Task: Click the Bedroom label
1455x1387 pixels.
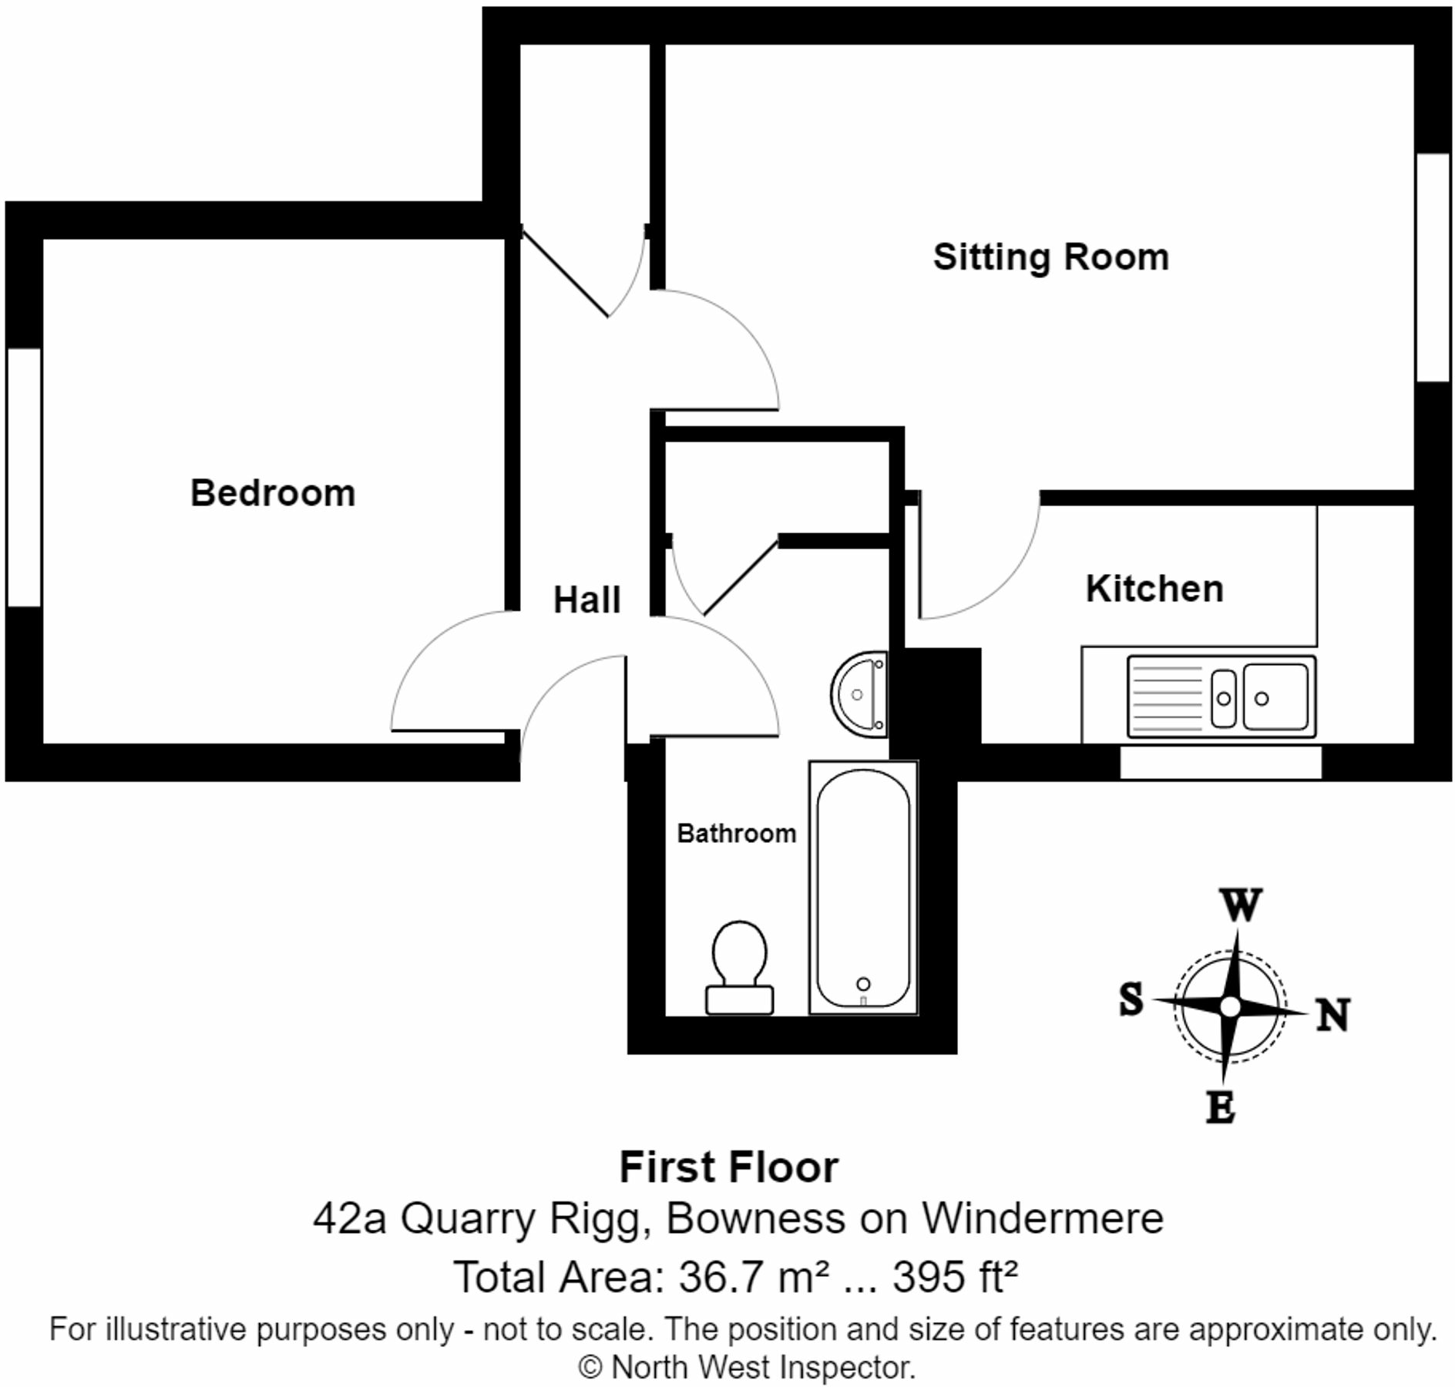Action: tap(273, 493)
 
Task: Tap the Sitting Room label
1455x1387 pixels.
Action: tap(1050, 257)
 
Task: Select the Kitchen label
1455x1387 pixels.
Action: tap(1154, 589)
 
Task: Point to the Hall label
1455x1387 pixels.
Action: tap(586, 599)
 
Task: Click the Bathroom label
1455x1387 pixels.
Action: tap(736, 833)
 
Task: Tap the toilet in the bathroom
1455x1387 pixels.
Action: tap(740, 967)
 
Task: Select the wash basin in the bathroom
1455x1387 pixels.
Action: tap(859, 695)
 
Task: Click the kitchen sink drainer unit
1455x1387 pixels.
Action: tap(1221, 697)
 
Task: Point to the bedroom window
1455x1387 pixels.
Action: tap(23, 477)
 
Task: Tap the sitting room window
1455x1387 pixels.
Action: tap(1432, 267)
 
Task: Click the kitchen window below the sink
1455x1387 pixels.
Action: tap(1220, 762)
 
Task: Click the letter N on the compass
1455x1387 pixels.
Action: tap(1332, 1015)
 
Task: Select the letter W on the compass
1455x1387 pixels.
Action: tap(1240, 905)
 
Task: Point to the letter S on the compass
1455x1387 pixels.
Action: tap(1131, 999)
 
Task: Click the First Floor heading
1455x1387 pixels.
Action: tap(728, 1167)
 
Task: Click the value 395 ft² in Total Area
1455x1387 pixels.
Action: tap(955, 1277)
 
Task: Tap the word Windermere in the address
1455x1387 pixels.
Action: tap(1042, 1219)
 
